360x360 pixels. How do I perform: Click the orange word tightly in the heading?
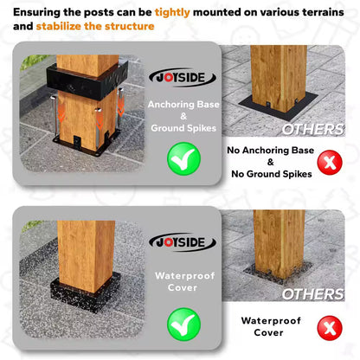[x=172, y=12]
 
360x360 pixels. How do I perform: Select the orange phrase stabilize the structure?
[x=95, y=26]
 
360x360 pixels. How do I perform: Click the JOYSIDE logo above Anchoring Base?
[x=183, y=78]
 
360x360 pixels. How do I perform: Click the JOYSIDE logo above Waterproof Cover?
[x=183, y=242]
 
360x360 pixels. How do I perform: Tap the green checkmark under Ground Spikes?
[x=183, y=158]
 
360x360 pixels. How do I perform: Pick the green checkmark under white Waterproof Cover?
[x=183, y=324]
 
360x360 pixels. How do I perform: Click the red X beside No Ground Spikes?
[x=330, y=163]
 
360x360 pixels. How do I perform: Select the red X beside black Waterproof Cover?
[x=330, y=328]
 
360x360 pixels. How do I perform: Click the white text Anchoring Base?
[x=183, y=105]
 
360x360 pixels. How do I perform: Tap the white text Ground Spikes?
[x=183, y=128]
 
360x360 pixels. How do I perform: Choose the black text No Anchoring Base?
[x=270, y=151]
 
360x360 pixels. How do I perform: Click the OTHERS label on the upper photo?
[x=312, y=130]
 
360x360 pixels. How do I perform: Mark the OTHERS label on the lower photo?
[x=312, y=294]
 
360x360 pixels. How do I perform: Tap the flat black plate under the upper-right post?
[x=278, y=106]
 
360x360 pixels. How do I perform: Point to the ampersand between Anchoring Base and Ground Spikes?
[x=183, y=116]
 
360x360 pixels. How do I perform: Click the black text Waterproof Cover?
[x=271, y=326]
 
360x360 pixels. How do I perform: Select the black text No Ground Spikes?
[x=272, y=174]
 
